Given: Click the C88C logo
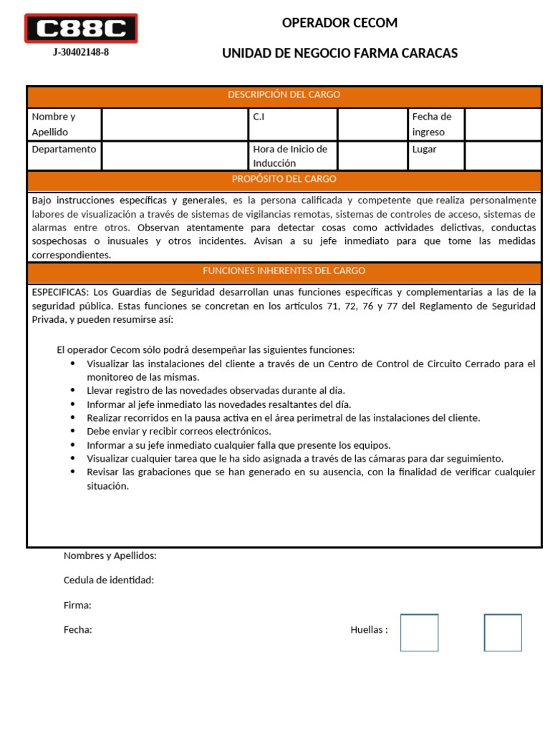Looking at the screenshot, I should [81, 29].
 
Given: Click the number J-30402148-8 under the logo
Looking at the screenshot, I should [81, 53].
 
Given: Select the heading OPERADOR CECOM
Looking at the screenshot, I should [339, 23].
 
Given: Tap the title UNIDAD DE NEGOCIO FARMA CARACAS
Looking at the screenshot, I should [339, 54].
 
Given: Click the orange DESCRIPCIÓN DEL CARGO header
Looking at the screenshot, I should [284, 95].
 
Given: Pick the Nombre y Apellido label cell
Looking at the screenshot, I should [64, 124].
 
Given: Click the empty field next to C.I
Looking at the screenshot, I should [372, 124].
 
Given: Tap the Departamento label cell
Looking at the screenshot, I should [64, 150].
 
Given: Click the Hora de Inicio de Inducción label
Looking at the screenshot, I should [290, 156].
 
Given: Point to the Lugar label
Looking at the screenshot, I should [424, 150].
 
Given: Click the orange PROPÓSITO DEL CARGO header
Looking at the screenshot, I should [284, 180].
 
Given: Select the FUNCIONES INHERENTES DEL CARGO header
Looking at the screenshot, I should [284, 271].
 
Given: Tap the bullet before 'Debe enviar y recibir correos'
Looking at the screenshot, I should [73, 431].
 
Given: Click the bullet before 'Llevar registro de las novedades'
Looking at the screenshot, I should [73, 390].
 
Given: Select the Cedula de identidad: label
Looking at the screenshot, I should [109, 580].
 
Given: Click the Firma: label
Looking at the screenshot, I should [77, 606].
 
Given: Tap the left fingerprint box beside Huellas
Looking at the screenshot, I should [419, 633].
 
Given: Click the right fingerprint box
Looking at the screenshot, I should [503, 633].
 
